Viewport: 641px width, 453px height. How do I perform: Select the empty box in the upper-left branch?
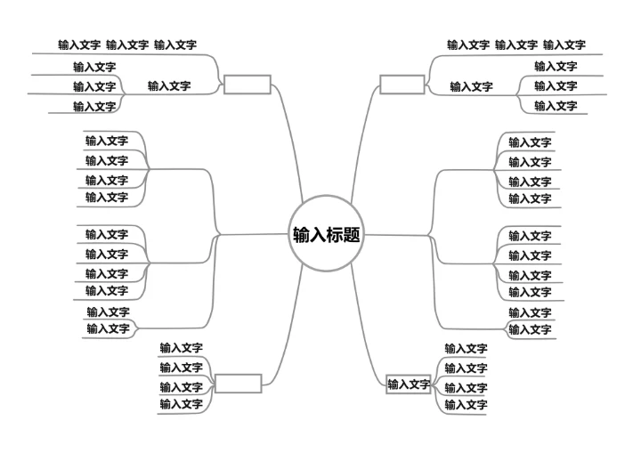pyautogui.click(x=247, y=85)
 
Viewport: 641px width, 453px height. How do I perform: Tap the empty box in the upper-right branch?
pyautogui.click(x=402, y=85)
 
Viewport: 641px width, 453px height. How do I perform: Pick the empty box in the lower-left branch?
pyautogui.click(x=238, y=384)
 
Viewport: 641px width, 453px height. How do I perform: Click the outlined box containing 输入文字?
pyautogui.click(x=409, y=384)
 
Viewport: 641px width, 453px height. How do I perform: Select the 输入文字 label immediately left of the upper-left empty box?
pyautogui.click(x=169, y=86)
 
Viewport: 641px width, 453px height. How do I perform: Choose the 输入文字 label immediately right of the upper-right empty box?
pyautogui.click(x=471, y=87)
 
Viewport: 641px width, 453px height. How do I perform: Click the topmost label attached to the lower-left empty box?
pyautogui.click(x=181, y=348)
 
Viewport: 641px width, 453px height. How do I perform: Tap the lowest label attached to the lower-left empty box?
pyautogui.click(x=181, y=404)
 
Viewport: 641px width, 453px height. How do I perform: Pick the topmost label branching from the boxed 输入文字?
pyautogui.click(x=466, y=349)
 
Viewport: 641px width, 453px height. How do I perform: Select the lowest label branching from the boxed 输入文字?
pyautogui.click(x=466, y=405)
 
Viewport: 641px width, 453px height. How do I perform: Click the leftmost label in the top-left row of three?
pyautogui.click(x=79, y=44)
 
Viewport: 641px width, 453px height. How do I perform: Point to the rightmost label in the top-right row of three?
pyautogui.click(x=564, y=44)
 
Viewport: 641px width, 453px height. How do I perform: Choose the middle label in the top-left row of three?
pyautogui.click(x=127, y=44)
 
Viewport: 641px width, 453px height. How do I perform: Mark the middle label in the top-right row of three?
pyautogui.click(x=515, y=44)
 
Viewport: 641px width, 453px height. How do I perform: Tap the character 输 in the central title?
pyautogui.click(x=301, y=235)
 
